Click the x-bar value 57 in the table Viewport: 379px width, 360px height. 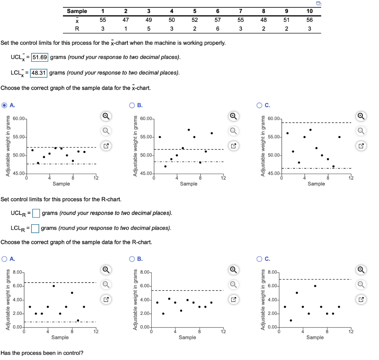point(218,20)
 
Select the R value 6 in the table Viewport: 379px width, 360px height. point(218,29)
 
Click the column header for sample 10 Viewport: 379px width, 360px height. point(309,11)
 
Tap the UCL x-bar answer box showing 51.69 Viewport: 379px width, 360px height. point(40,57)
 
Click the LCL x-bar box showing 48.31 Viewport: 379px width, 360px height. point(39,73)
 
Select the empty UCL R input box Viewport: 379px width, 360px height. point(36,213)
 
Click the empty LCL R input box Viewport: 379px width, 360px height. point(35,228)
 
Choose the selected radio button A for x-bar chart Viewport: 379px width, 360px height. point(4,105)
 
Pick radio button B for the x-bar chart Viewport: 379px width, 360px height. point(132,105)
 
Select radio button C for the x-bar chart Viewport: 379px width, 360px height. point(260,105)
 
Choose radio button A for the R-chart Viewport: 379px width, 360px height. point(4,259)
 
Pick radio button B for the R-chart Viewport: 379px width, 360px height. point(132,259)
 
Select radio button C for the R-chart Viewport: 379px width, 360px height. point(260,259)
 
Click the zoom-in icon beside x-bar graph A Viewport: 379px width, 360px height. point(105,117)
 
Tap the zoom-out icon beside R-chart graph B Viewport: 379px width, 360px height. point(233,284)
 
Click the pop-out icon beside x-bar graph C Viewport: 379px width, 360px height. point(360,145)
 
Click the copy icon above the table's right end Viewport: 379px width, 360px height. point(319,3)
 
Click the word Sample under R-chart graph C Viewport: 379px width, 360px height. point(315,337)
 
